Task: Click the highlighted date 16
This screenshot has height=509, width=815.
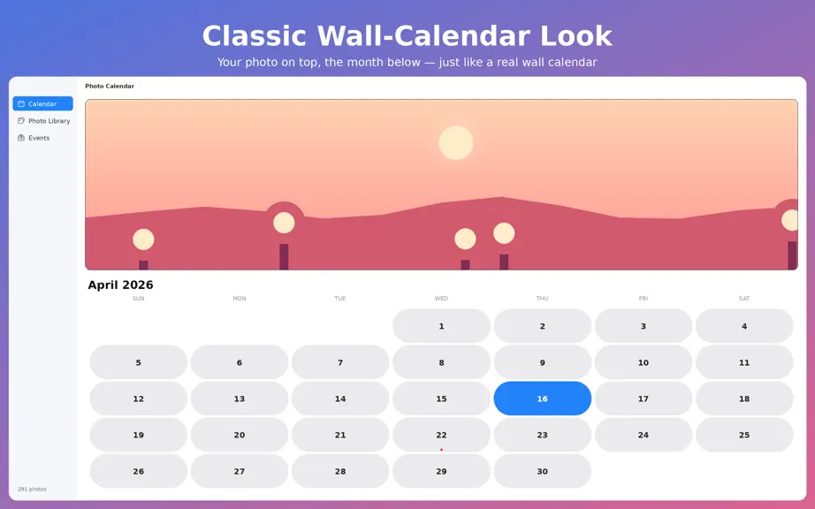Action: click(x=542, y=399)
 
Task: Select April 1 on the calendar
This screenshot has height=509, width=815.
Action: click(x=441, y=326)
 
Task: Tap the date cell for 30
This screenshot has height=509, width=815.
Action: click(x=542, y=471)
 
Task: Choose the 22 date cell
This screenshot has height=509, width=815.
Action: click(x=441, y=435)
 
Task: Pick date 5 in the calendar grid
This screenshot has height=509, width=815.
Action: click(x=138, y=362)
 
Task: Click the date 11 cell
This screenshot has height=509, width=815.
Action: click(x=744, y=362)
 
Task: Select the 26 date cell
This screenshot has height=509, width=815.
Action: click(x=138, y=471)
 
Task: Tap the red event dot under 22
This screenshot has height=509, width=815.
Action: click(x=441, y=450)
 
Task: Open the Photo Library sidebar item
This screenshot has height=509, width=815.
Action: click(x=43, y=121)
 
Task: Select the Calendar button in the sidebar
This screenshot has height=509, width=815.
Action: click(x=43, y=104)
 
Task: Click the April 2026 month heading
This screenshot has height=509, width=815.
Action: click(x=120, y=285)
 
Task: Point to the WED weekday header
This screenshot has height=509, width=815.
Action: click(x=441, y=298)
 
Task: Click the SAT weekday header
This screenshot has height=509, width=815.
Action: click(x=744, y=298)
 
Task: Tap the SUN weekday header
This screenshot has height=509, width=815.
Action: click(x=138, y=298)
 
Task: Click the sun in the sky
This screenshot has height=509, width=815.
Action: click(x=456, y=143)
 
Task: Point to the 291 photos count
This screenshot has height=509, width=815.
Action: click(x=32, y=489)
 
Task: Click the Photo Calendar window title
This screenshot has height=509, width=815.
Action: click(x=110, y=87)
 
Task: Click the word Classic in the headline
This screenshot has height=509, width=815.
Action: click(x=255, y=36)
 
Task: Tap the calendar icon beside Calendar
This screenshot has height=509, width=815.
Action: click(x=21, y=104)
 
